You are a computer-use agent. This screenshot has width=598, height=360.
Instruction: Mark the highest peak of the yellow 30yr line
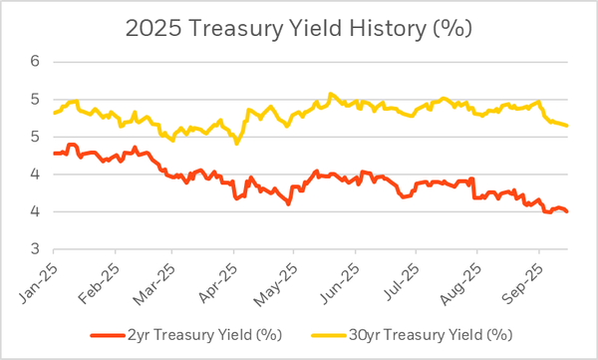(331, 94)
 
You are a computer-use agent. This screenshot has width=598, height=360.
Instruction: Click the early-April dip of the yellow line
(236, 143)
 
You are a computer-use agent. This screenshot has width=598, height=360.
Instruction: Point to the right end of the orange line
(568, 211)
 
